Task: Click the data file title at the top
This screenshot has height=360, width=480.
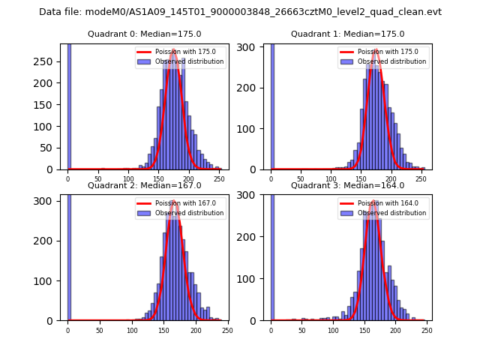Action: (x=240, y=12)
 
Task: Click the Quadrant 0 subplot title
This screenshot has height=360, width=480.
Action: (x=144, y=34)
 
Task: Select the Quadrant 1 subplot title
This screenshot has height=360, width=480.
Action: (x=347, y=34)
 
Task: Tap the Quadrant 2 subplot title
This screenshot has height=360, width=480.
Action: (x=144, y=185)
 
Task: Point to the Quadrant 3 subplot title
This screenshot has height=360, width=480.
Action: (x=347, y=185)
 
